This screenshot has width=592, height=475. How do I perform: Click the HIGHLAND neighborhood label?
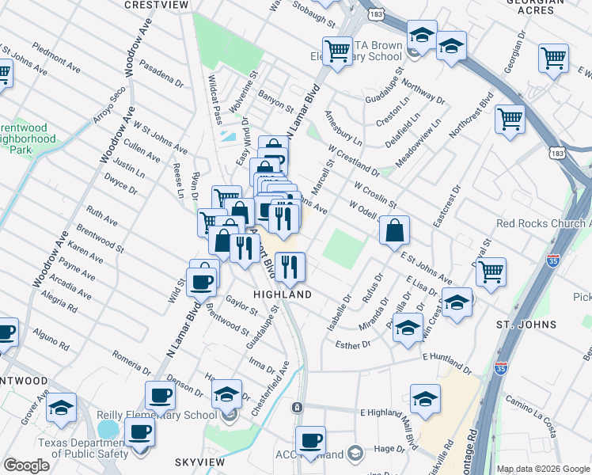coord(282,294)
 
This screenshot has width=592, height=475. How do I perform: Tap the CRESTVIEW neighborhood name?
coord(157,5)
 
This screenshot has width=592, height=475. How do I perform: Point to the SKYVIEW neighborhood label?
coord(200,461)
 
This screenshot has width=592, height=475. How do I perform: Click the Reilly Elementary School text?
coord(157,415)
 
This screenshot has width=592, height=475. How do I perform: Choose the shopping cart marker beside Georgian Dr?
coord(553,58)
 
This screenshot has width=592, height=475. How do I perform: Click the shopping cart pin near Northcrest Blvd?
coord(510,120)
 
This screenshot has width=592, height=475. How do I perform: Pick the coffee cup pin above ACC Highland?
coord(310,440)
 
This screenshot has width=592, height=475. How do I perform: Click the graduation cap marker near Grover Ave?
coord(61,408)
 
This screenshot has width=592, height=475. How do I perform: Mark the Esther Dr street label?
coord(353,344)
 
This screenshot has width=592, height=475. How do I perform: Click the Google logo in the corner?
coord(27,465)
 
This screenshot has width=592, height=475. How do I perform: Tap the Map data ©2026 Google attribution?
coord(542,468)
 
